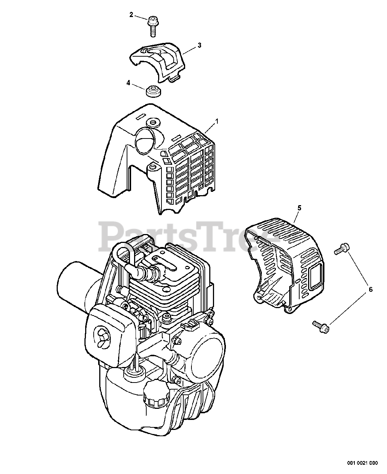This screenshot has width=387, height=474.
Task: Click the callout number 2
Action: (x=131, y=14)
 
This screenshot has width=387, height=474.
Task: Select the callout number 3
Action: (x=199, y=45)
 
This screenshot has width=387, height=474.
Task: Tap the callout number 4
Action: (x=128, y=83)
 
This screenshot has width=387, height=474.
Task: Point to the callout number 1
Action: (x=217, y=121)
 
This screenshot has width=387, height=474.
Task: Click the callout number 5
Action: (x=299, y=208)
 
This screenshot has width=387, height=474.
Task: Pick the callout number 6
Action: (x=368, y=289)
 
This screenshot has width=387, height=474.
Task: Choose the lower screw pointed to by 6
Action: (x=321, y=326)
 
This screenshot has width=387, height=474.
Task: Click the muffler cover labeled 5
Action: (x=289, y=259)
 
